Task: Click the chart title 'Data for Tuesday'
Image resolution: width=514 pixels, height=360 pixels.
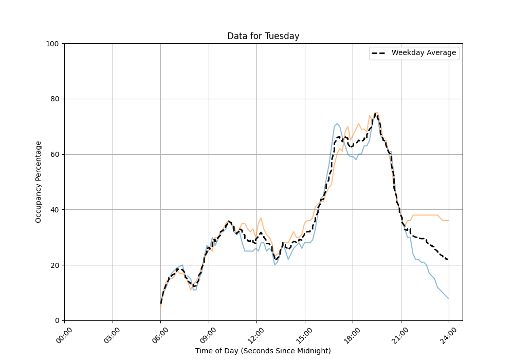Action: coord(263,36)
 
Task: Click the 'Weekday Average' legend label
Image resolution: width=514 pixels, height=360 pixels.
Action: coord(424,53)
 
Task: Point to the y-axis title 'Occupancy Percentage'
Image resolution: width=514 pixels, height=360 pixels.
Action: coord(39,182)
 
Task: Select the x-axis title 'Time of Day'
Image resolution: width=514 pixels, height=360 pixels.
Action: coord(263,351)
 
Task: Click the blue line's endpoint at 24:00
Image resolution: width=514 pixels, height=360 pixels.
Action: coord(449,298)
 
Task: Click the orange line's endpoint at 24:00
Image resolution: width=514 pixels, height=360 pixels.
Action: coord(449,221)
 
